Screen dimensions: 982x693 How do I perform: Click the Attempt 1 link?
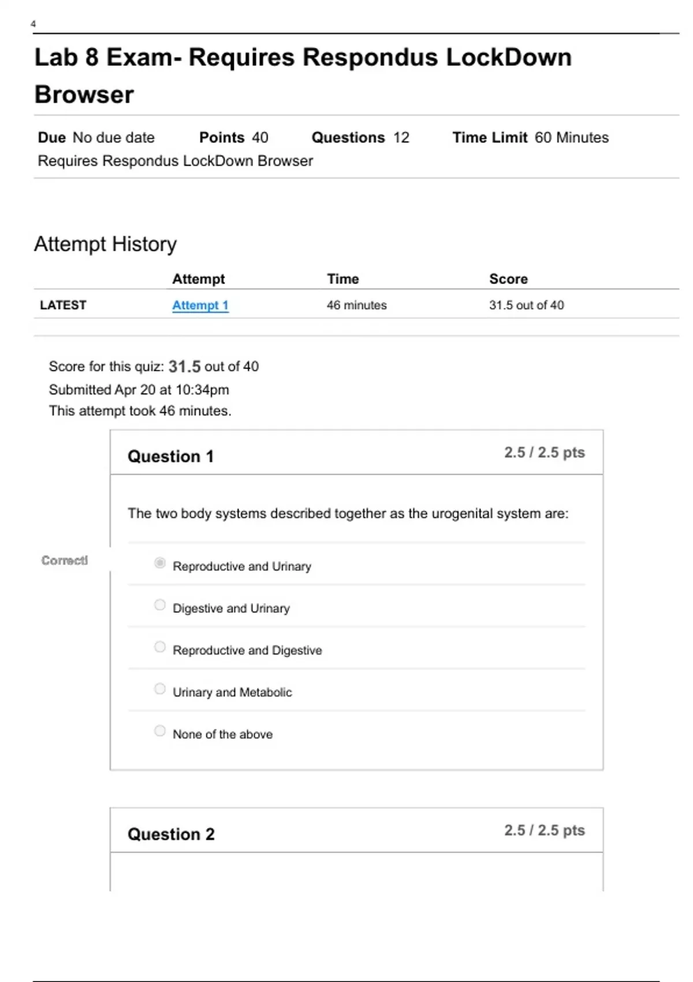click(200, 306)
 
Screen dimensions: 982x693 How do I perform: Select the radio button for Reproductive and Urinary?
click(160, 563)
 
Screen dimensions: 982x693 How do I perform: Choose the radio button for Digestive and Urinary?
click(160, 605)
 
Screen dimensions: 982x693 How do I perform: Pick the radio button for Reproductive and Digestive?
click(160, 647)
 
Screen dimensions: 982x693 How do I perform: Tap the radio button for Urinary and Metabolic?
click(160, 689)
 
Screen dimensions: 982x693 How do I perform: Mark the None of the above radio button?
click(160, 731)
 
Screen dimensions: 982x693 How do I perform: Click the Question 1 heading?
click(171, 456)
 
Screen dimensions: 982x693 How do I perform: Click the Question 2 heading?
click(171, 834)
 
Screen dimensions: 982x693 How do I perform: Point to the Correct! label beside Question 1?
click(65, 560)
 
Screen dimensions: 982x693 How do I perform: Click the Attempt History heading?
click(106, 244)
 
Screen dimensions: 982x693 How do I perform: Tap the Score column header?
click(508, 279)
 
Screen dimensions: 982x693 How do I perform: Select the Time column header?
click(343, 279)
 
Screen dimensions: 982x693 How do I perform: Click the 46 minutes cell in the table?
click(357, 306)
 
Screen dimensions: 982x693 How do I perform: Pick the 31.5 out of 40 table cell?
click(527, 306)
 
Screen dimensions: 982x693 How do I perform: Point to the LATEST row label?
click(63, 305)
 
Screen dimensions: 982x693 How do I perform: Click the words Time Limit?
click(490, 137)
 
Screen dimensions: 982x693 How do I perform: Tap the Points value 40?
click(260, 137)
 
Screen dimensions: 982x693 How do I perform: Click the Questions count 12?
click(401, 137)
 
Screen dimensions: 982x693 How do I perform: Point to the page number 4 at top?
click(33, 24)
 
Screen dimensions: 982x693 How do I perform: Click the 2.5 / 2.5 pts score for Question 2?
click(545, 830)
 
